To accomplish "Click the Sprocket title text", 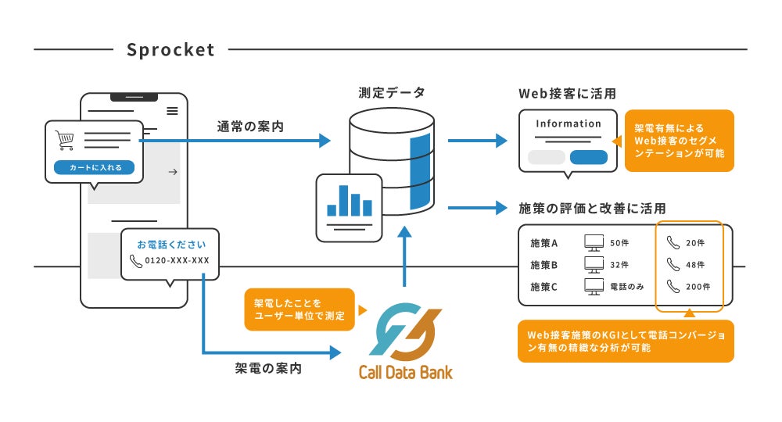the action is [170, 50].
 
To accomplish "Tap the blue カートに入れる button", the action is [95, 167].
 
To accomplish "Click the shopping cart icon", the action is [65, 141].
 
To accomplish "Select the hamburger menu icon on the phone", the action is [172, 111].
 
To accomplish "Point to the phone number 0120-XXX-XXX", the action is [177, 260].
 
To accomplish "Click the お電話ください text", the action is [171, 245].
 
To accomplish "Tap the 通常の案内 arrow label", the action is [250, 127].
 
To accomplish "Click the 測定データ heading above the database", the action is [392, 93].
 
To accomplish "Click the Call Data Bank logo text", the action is [405, 372].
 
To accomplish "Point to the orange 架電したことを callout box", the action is [300, 309].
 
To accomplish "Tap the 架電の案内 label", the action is [268, 368].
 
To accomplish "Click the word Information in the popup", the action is [569, 123].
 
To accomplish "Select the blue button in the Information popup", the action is [589, 157].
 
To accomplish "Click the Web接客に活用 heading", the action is [568, 94].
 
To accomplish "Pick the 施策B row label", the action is [543, 265].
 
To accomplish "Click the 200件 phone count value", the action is [698, 287].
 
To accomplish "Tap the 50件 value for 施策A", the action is [619, 243].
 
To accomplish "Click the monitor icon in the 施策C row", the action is [594, 287].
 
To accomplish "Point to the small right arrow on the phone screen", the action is [173, 172].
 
